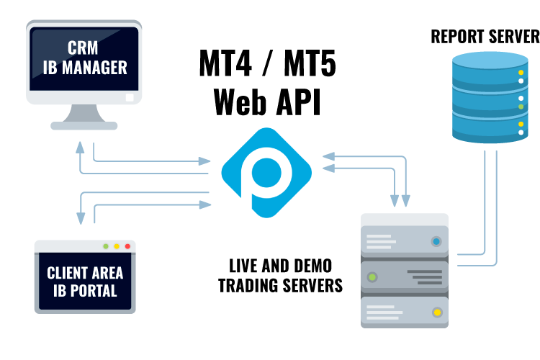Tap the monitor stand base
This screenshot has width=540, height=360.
(x=85, y=125)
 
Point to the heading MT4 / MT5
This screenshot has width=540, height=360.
(x=267, y=67)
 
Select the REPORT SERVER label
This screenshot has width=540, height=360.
(x=484, y=36)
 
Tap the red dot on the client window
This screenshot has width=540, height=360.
(x=127, y=246)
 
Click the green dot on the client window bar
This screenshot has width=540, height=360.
(x=106, y=246)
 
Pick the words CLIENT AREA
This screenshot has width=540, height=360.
(x=85, y=274)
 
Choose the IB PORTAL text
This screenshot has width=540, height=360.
(x=85, y=292)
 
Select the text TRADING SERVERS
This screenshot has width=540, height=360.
(x=280, y=285)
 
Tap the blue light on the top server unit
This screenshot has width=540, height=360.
(x=436, y=242)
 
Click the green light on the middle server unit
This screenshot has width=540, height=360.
(x=372, y=276)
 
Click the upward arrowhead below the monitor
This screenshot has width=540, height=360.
(x=78, y=145)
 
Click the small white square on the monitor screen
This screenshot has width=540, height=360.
(x=129, y=96)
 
